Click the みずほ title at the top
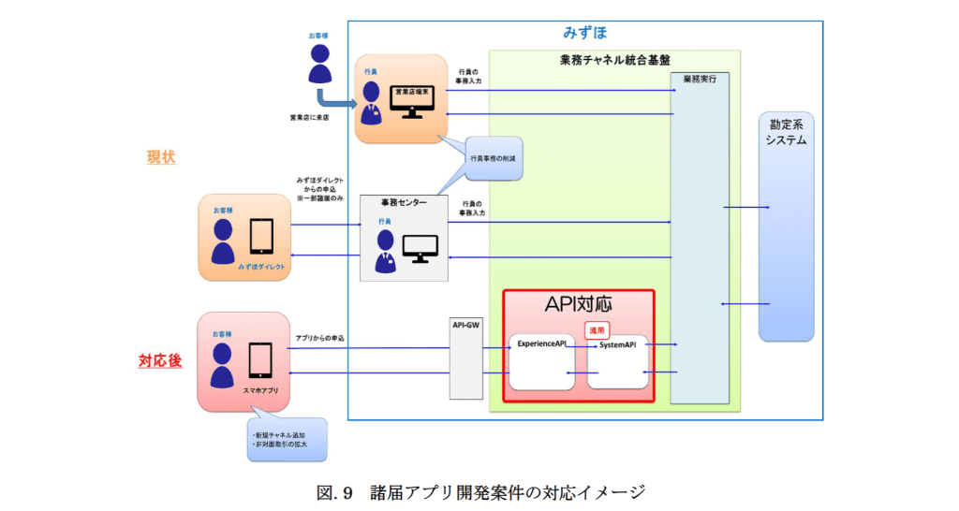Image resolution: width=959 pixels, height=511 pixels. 584,33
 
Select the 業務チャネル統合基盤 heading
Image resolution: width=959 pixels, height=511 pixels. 614,60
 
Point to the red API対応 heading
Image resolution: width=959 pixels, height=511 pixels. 578,306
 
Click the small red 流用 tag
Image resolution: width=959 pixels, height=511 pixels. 597,329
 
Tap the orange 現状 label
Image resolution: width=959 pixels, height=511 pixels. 161,157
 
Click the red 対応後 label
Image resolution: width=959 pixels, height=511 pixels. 160,360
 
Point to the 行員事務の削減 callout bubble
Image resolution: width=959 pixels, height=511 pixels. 494,158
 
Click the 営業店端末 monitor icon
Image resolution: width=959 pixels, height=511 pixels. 411,100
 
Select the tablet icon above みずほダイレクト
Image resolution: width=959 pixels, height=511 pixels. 261,236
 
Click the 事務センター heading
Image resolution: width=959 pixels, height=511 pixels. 404,202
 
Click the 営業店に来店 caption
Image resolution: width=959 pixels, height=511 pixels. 309,118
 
